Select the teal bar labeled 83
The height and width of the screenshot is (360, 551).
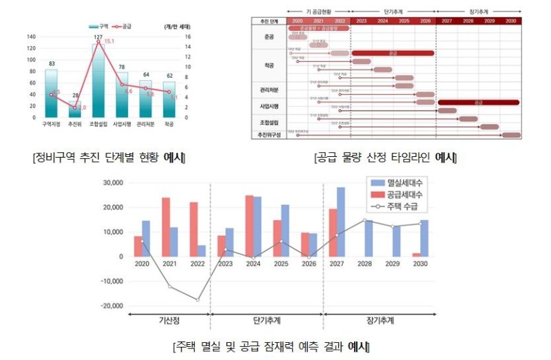tap(52, 94)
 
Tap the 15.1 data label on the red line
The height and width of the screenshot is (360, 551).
tap(109, 41)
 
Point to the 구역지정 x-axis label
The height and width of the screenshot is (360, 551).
tap(52, 125)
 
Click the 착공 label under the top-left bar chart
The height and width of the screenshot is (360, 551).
tap(169, 125)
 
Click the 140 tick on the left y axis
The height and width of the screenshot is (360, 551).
tap(31, 36)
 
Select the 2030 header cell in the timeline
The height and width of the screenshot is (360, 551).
tap(510, 21)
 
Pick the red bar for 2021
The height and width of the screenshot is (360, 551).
tap(166, 226)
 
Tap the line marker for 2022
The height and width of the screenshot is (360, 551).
tap(198, 299)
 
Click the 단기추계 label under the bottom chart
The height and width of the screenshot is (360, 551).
tap(267, 321)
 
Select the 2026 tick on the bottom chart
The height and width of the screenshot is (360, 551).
tap(309, 264)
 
